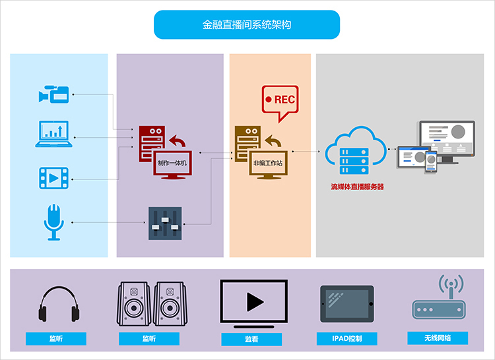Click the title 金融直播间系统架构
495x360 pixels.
tap(247, 24)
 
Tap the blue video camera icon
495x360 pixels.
tap(53, 94)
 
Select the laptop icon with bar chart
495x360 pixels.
tap(53, 134)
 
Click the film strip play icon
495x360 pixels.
tap(53, 178)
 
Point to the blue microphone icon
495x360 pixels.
tap(53, 222)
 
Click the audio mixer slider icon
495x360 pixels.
tap(165, 224)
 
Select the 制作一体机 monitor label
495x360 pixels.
tap(172, 163)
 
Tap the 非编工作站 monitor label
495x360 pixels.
tap(268, 163)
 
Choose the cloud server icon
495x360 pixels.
tap(356, 150)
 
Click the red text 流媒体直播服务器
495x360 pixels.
tap(357, 187)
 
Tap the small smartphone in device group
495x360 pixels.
tap(431, 162)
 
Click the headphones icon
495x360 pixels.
tap(59, 304)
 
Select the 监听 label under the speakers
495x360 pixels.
tap(149, 338)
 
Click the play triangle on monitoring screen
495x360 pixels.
tap(255, 302)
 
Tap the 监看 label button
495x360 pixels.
tap(251, 339)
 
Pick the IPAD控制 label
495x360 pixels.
tap(347, 338)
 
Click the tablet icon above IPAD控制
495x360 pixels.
tap(347, 304)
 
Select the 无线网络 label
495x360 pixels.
tap(438, 338)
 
